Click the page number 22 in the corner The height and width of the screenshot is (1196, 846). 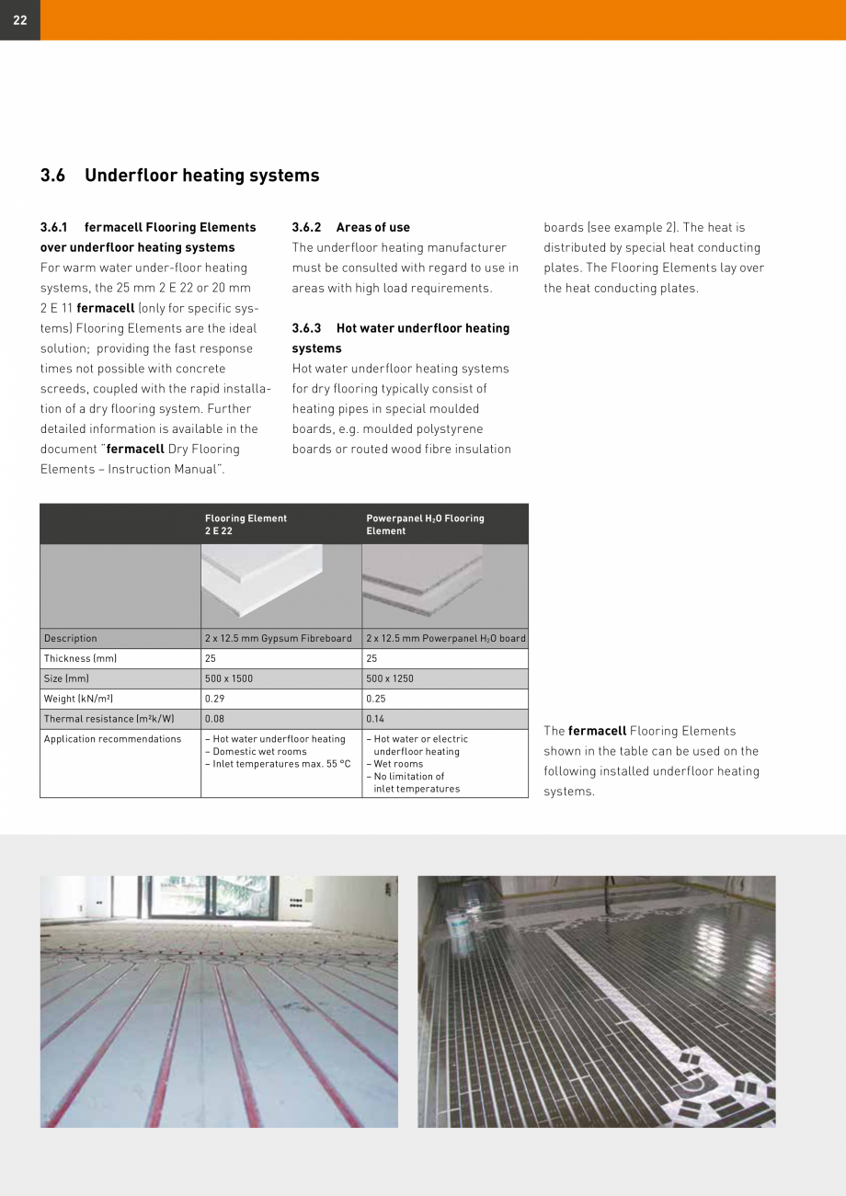[19, 20]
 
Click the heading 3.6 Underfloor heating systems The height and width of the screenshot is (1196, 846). [180, 176]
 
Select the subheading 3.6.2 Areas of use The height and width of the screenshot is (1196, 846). [351, 227]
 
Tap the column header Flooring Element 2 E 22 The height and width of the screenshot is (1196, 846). [246, 524]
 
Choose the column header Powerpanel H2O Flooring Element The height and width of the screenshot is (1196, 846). [425, 524]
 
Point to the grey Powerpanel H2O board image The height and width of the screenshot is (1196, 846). [423, 577]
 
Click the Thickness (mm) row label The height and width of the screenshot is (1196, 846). [80, 658]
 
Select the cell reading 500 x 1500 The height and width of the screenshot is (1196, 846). [229, 678]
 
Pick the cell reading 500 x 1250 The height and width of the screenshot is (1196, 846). [390, 678]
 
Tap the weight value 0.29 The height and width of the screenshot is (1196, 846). [214, 699]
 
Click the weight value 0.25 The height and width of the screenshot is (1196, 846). [375, 699]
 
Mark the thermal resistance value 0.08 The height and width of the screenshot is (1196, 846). [214, 719]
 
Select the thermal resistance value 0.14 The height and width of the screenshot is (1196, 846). [375, 719]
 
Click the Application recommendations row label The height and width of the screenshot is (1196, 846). [112, 739]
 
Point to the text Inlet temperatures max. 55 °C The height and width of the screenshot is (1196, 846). [279, 764]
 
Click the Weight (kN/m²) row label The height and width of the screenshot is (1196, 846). [78, 699]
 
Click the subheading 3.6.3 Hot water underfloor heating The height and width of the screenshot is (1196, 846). [400, 328]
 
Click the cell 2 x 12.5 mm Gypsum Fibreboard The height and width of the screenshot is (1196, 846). [278, 638]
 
